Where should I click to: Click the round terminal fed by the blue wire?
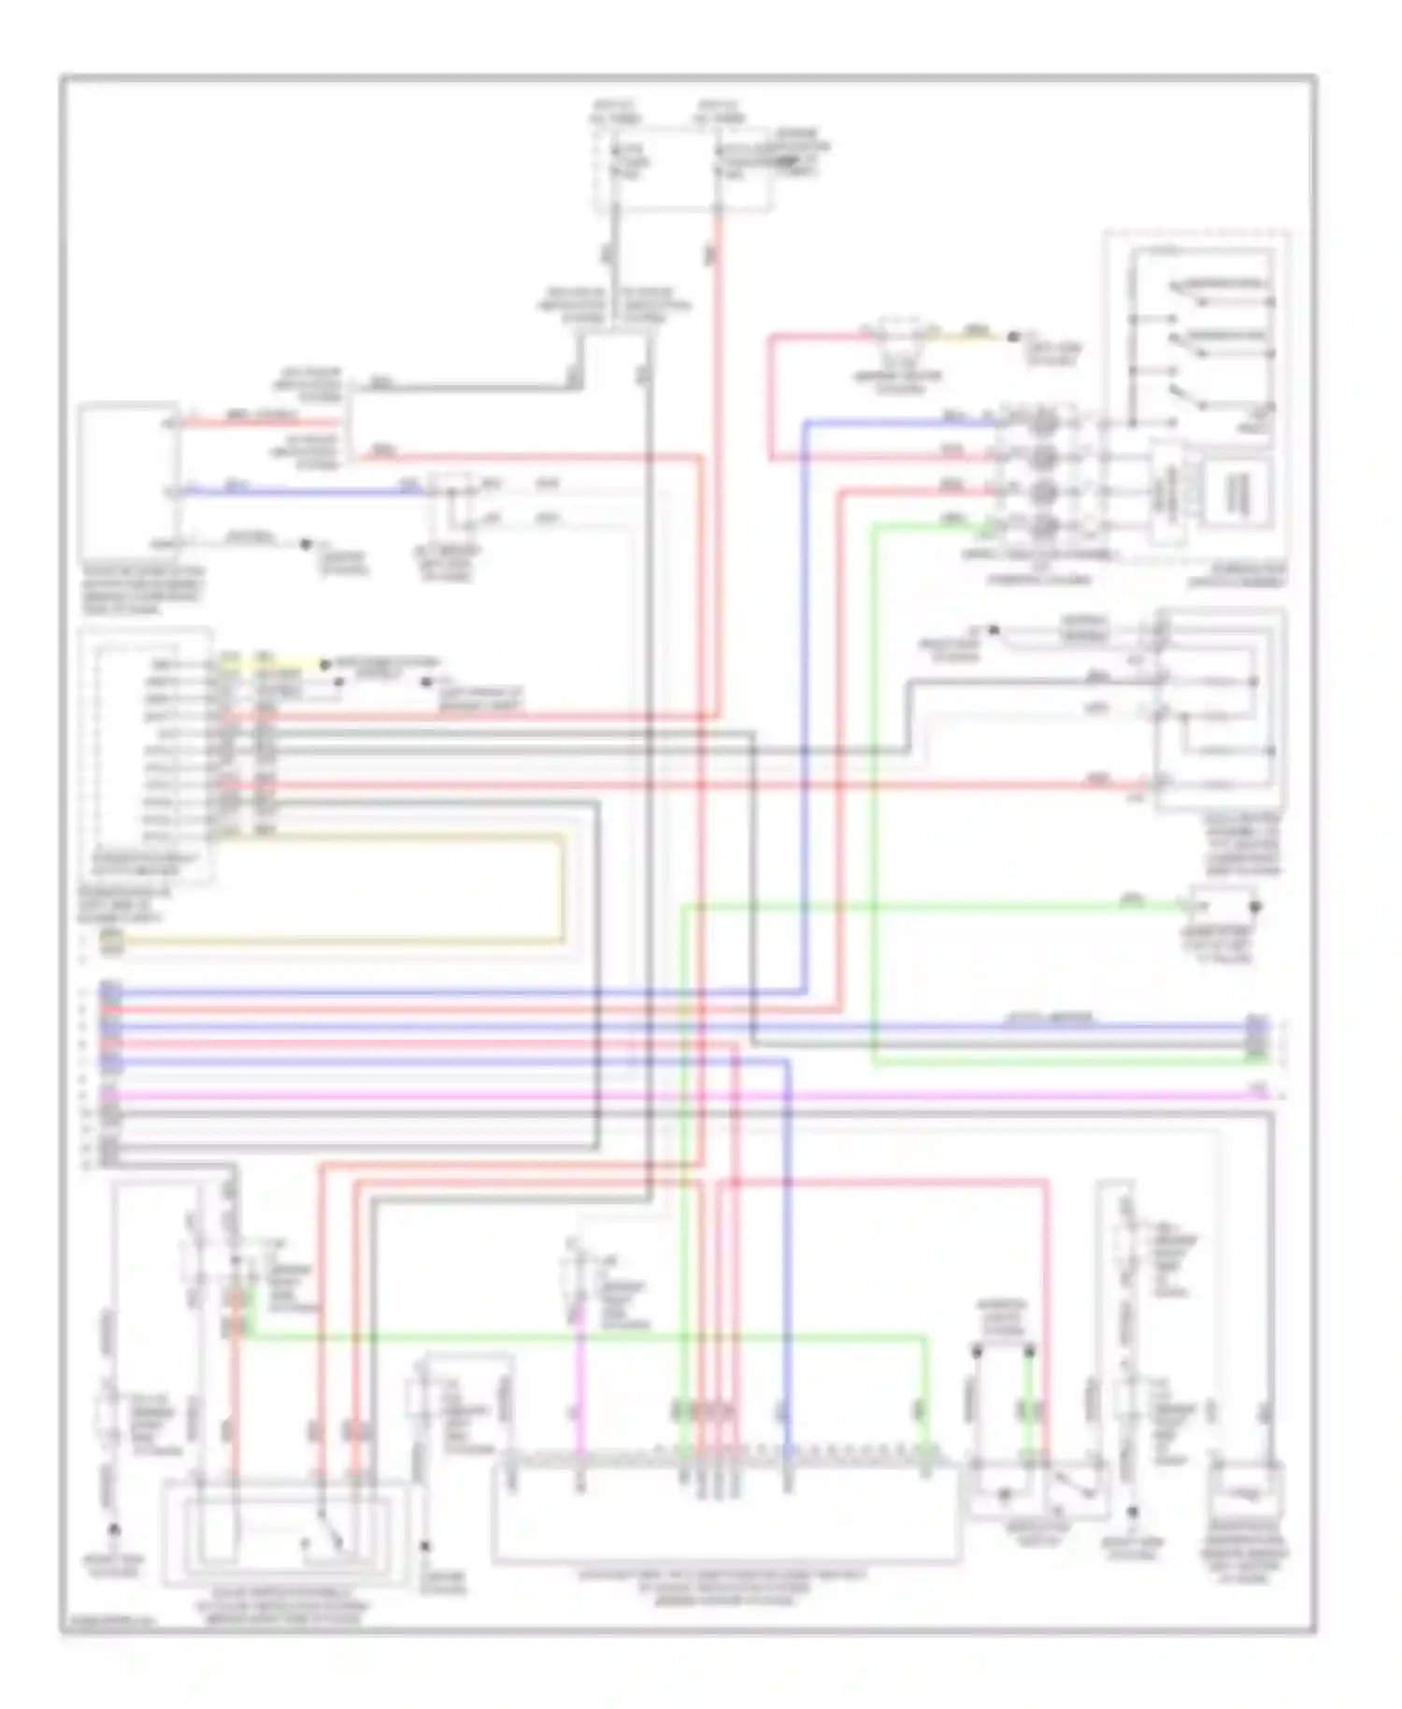[x=1045, y=424]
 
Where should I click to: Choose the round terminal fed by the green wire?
[x=1045, y=525]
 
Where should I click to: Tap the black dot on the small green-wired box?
[x=1256, y=907]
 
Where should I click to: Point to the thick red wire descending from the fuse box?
[x=719, y=467]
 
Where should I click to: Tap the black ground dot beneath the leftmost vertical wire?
[x=114, y=1530]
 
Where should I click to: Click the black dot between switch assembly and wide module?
[x=425, y=1546]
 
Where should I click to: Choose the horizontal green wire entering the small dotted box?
[x=935, y=906]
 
